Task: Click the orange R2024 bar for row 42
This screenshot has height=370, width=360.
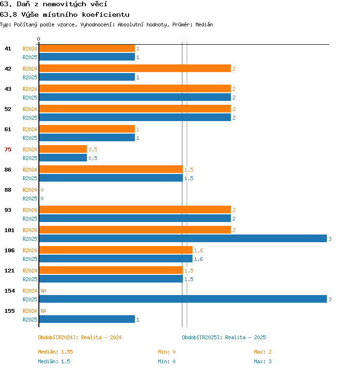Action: click(x=135, y=68)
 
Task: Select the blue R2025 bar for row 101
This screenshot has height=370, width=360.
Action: click(x=183, y=238)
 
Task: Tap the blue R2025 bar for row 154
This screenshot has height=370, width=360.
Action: click(x=183, y=299)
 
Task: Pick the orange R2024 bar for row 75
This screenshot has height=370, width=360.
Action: click(x=63, y=149)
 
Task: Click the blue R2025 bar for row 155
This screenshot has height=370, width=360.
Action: click(x=87, y=319)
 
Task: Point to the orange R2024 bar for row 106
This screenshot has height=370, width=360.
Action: click(x=116, y=250)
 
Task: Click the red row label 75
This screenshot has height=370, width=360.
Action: click(x=8, y=149)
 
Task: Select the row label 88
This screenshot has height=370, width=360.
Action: click(x=8, y=190)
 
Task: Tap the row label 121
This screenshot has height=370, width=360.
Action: click(x=10, y=271)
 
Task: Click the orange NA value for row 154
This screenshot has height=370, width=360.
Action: click(x=43, y=291)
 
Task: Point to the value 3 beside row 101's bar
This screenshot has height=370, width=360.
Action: click(x=330, y=239)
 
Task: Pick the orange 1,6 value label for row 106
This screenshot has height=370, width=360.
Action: click(x=198, y=250)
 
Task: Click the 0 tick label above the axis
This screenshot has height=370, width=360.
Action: click(x=39, y=39)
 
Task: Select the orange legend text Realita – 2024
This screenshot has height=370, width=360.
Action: click(x=101, y=337)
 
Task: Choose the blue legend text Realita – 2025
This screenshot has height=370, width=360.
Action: click(x=245, y=337)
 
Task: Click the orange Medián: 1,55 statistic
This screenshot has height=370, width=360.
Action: click(x=55, y=352)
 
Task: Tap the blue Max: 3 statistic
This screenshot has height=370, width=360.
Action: click(x=263, y=361)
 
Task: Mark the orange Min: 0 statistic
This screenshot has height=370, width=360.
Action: click(x=167, y=352)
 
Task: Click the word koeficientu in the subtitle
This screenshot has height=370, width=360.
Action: click(x=106, y=14)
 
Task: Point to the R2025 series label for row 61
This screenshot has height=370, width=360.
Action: click(x=30, y=138)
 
